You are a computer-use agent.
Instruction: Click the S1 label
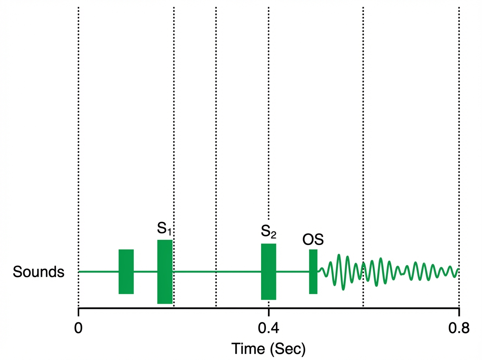(x=164, y=229)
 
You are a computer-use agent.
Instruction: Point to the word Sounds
(x=39, y=272)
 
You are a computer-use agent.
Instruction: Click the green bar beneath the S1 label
(x=165, y=272)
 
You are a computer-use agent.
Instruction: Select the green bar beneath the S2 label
(x=268, y=272)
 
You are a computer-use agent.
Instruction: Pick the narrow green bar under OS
(x=313, y=272)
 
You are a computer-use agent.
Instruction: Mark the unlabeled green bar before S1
(x=126, y=272)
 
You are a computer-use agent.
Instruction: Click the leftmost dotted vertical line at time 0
(x=78, y=121)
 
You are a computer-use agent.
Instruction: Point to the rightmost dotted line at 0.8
(x=459, y=121)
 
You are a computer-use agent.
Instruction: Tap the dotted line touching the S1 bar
(x=174, y=121)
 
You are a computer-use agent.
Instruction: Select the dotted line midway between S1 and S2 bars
(x=216, y=121)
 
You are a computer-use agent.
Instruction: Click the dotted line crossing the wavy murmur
(x=363, y=121)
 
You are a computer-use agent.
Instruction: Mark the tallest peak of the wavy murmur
(x=340, y=255)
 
